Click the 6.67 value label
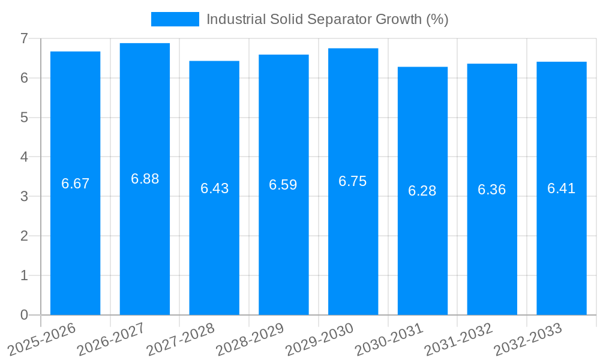point(75,184)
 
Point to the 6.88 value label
point(145,179)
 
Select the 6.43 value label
point(214,188)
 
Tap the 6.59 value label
point(283,185)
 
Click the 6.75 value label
point(353,181)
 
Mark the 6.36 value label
point(492,190)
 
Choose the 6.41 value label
point(562,188)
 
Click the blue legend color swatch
point(175,19)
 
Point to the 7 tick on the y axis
point(24,38)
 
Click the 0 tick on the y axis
point(24,315)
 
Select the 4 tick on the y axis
point(24,157)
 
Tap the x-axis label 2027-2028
point(181,339)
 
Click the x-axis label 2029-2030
point(320,339)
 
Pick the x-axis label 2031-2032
point(459,339)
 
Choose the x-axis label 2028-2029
point(250,339)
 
